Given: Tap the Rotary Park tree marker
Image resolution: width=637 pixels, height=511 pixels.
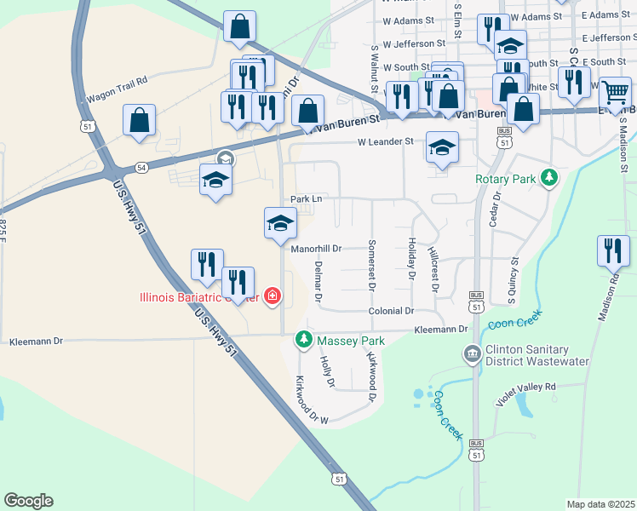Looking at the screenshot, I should (551, 177).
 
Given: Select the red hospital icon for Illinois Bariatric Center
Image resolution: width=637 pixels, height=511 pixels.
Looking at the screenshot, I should (272, 296).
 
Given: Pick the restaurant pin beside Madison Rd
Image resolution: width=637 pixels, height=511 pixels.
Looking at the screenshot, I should (613, 251).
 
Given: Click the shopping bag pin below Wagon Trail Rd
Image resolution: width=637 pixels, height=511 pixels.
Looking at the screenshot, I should (139, 121).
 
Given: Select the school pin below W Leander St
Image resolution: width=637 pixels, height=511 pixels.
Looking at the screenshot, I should (442, 147).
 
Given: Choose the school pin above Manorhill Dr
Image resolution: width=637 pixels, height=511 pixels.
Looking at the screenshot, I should (280, 223).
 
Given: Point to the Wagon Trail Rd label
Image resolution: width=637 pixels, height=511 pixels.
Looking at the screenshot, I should (117, 80).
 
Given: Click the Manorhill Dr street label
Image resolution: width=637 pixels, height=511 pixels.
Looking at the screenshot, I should (316, 250).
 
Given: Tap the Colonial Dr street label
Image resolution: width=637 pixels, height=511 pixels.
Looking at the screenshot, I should (391, 312).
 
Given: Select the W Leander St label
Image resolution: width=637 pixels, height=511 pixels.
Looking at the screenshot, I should (385, 142).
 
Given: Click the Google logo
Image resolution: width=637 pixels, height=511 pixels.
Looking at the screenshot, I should (29, 501).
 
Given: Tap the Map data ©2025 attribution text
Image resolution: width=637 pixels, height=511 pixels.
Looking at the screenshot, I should (601, 504).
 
